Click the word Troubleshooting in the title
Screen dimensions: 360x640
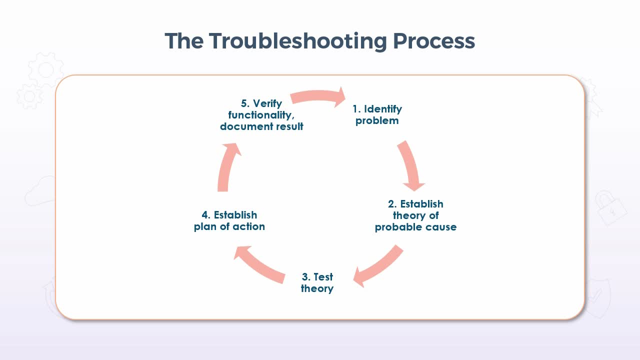point(298,41)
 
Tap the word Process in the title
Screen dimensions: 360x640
point(434,41)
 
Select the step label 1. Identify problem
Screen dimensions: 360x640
point(377,114)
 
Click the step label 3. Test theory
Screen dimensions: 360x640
point(317,282)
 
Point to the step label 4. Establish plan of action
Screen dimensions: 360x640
point(229,220)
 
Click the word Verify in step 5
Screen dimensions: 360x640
point(267,103)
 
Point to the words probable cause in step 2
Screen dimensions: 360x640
point(415,227)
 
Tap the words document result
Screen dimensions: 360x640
point(261,126)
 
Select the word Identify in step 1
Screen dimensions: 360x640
point(383,109)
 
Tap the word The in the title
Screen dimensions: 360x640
point(184,41)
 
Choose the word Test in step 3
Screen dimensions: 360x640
point(323,277)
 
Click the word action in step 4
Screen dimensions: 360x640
point(248,226)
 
